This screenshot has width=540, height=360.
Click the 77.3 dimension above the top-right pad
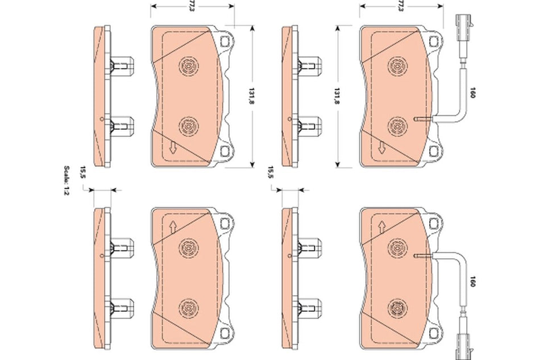coord(401,7)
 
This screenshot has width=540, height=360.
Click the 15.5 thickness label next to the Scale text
coord(82,171)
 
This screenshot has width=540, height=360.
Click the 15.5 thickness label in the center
coord(271,172)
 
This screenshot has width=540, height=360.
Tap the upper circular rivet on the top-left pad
coord(188,67)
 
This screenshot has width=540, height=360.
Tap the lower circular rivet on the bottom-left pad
coord(188,309)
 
